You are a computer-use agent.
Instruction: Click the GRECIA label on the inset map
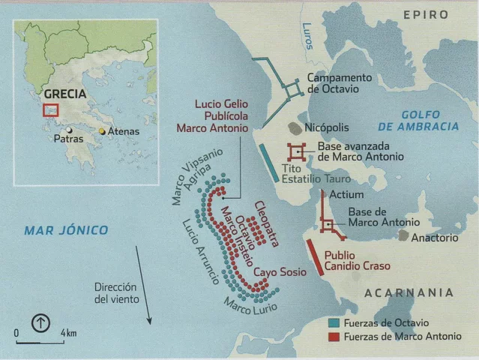[64, 94]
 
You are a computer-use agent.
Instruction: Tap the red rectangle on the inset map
[50, 110]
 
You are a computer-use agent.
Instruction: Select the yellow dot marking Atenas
[102, 131]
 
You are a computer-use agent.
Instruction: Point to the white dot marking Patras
[69, 129]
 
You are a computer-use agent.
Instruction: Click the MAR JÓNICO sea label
[65, 230]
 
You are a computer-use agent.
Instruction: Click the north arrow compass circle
[40, 324]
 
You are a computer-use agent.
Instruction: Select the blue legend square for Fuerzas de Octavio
[334, 322]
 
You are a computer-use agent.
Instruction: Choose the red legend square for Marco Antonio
[334, 337]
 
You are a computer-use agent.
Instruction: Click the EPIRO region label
[426, 14]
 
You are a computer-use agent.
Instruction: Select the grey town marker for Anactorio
[403, 235]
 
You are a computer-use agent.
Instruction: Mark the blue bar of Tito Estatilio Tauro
[268, 161]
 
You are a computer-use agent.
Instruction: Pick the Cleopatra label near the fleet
[266, 223]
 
